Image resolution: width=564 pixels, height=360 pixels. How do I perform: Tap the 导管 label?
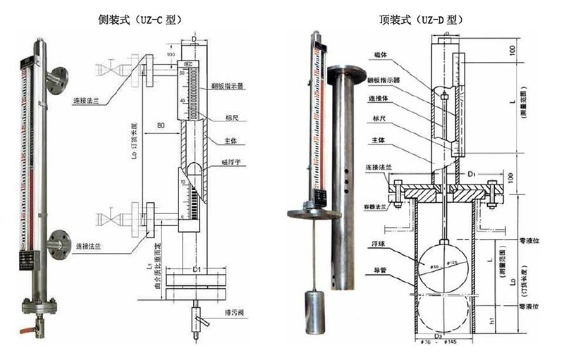tap(377, 270)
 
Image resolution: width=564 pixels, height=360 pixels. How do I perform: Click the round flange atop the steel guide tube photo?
tap(345, 70)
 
